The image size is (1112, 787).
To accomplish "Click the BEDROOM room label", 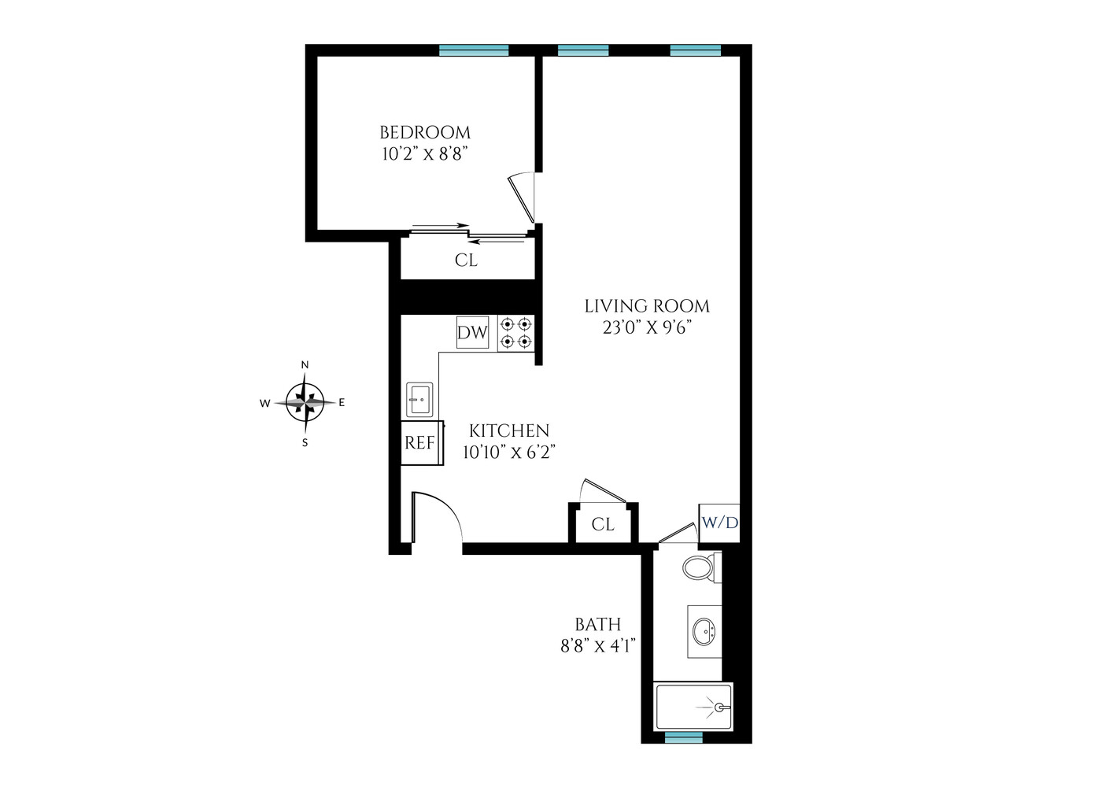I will [x=425, y=132].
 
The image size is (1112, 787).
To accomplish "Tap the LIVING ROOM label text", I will [x=647, y=306].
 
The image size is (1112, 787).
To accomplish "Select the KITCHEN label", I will [x=509, y=430].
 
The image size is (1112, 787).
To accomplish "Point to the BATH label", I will [x=598, y=625].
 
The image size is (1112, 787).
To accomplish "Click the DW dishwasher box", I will [x=472, y=333].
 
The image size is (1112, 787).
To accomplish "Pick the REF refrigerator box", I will [x=420, y=443].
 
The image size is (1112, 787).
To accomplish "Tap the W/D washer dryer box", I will [x=719, y=523].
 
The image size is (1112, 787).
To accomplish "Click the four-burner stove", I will [x=516, y=333].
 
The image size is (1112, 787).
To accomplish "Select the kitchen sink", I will [x=419, y=399].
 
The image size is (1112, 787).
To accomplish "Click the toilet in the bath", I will [x=699, y=567].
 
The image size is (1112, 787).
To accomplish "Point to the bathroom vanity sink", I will [x=704, y=630].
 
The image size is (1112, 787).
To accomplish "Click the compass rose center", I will [x=305, y=402].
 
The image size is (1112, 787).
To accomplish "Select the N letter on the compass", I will [x=305, y=364].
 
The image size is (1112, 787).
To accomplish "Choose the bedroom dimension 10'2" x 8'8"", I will [x=425, y=154].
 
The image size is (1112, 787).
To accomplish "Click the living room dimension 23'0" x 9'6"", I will [x=647, y=327].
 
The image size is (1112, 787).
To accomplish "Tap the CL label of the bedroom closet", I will [x=466, y=260].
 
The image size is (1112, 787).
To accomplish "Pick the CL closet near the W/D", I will [x=603, y=524].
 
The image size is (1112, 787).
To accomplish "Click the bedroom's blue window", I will [x=474, y=50].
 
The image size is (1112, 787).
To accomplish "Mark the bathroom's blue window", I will [x=683, y=737].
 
